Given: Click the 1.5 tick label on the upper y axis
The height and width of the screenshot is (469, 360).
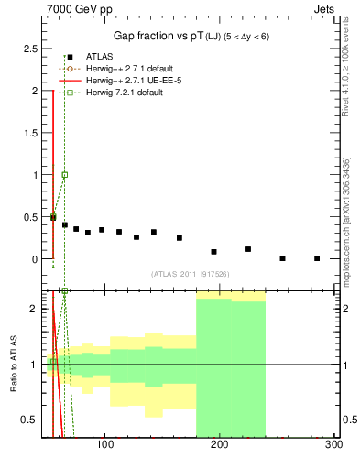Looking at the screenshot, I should (31, 133).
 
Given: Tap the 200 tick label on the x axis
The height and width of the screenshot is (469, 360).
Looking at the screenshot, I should (220, 445).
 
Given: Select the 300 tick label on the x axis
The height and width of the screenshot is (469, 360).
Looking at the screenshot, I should (333, 445).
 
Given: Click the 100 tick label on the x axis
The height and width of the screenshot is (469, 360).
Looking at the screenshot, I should (105, 445).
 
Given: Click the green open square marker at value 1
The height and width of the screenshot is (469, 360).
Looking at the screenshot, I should (64, 174).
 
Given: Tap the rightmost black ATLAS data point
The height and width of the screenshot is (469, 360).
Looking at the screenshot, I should (317, 258).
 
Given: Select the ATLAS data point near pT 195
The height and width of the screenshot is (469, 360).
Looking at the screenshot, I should (213, 251).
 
